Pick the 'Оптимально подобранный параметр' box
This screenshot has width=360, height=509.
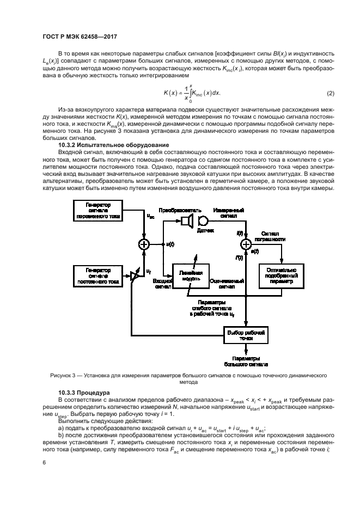coord(281,277)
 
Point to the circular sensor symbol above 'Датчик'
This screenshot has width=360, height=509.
coord(203,220)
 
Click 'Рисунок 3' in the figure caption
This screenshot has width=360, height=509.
coord(64,376)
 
